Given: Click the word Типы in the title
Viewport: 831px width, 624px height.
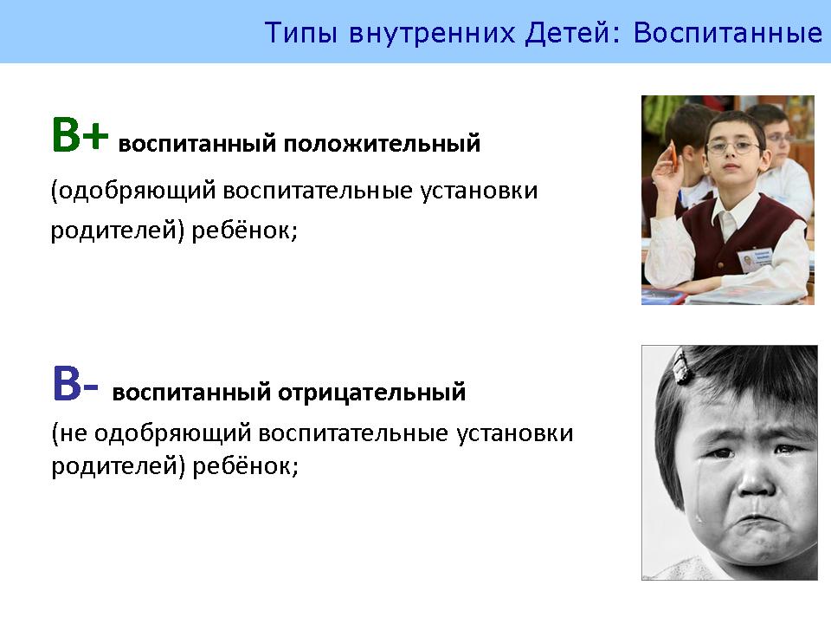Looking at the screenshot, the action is coord(300,33).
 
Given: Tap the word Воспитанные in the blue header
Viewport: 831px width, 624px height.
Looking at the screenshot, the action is coord(728,33).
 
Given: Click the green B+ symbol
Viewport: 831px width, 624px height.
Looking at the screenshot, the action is coord(80,135).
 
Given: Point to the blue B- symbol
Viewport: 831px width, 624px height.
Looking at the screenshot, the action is coord(75,383).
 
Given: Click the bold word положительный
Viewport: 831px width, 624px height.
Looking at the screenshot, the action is coord(382,144).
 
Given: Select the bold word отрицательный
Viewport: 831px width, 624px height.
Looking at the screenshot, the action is coord(371,392).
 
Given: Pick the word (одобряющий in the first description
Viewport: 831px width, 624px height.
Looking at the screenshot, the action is coord(133,191).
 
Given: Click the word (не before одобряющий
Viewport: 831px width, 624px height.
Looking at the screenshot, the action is coord(69,433).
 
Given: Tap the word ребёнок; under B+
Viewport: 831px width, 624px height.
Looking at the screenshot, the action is coord(244,230).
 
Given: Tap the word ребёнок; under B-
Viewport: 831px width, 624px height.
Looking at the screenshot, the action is coord(245,466).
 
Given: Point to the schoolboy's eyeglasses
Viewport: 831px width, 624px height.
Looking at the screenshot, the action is coord(733,146).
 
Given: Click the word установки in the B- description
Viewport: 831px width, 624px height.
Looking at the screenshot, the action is coord(514,433).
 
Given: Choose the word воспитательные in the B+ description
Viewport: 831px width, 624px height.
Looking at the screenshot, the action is coord(318,191).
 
